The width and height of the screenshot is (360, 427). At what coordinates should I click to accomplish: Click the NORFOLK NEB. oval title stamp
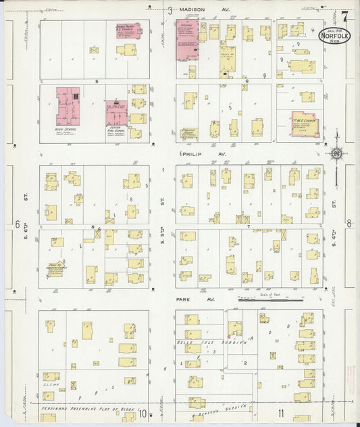(334, 34)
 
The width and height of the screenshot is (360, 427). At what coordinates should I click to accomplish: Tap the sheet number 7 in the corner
(344, 16)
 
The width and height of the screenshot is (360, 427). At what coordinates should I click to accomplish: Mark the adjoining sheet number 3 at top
(170, 9)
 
